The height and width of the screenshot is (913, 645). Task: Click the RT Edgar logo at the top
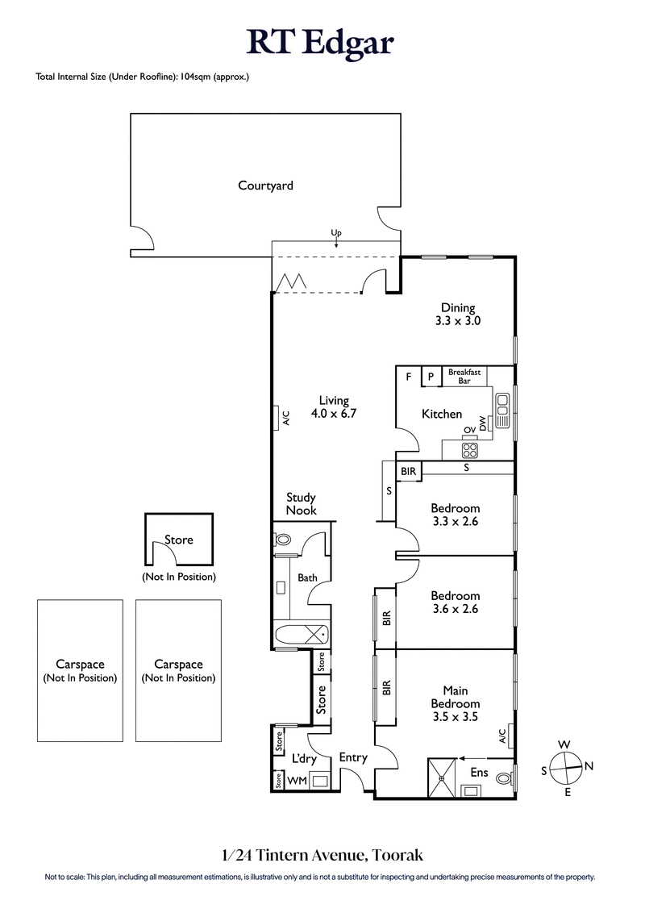click(x=321, y=42)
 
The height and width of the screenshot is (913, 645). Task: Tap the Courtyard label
click(x=265, y=186)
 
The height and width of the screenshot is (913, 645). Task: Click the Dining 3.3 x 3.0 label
click(x=457, y=314)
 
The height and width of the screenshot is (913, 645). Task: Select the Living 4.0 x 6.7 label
click(x=333, y=406)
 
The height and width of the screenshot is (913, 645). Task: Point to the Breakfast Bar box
click(x=464, y=376)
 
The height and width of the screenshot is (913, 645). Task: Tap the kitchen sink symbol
click(x=502, y=410)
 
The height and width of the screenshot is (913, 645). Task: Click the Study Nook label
click(x=301, y=504)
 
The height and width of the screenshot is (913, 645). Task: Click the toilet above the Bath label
click(x=284, y=539)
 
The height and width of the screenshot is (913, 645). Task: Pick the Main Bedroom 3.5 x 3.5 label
click(x=455, y=697)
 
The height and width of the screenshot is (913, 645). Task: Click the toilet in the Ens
click(x=504, y=779)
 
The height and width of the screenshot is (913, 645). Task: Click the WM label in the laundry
click(x=297, y=781)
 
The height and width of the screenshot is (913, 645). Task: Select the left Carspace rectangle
click(x=80, y=670)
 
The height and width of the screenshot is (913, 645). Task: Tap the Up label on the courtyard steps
click(x=336, y=233)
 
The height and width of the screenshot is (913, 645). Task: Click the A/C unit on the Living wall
click(x=285, y=418)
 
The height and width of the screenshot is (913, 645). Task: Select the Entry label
click(x=353, y=757)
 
